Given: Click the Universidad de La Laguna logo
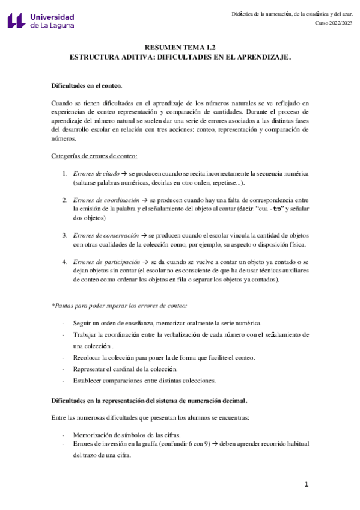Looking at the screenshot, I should click(x=41, y=22).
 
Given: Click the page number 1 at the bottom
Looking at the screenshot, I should click(x=306, y=484).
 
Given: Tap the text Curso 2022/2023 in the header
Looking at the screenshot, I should click(x=334, y=23).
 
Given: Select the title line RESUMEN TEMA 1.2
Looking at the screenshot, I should click(x=180, y=47).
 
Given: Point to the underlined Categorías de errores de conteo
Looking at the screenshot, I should click(x=95, y=156).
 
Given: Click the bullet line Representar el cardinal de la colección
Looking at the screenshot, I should click(x=125, y=369).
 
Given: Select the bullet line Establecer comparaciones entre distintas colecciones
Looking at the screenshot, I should click(x=144, y=380).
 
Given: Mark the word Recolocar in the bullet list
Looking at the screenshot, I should click(x=87, y=357).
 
